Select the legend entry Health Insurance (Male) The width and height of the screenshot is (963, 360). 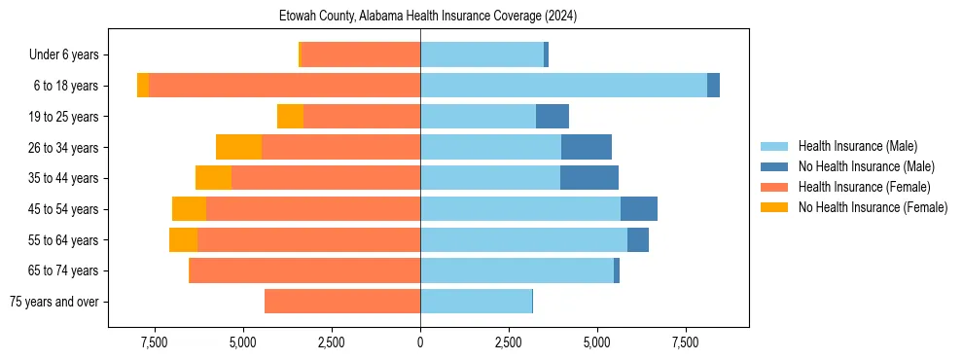[x=856, y=146]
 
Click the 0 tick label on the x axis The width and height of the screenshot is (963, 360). [x=420, y=342]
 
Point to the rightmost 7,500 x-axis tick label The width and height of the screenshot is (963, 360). [x=685, y=342]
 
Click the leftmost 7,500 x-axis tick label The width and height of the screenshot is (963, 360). [x=155, y=342]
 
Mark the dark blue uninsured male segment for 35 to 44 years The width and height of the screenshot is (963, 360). [x=589, y=178]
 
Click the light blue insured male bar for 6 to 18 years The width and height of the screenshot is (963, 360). [x=563, y=86]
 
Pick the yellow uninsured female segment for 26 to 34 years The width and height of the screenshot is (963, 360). [x=238, y=147]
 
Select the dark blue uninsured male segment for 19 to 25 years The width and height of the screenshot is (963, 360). [x=553, y=117]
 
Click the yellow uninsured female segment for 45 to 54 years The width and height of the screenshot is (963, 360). [x=189, y=209]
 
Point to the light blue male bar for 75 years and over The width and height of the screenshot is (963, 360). [x=476, y=302]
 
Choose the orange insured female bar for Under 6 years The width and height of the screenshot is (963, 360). [x=361, y=55]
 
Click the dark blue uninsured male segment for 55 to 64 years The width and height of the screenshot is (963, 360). [x=638, y=239]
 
